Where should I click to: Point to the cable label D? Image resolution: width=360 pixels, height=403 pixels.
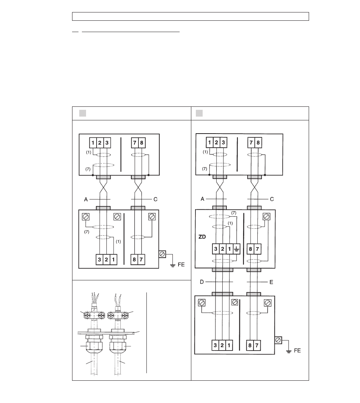tap(202, 282)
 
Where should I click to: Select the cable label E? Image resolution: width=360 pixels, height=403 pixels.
tap(271, 282)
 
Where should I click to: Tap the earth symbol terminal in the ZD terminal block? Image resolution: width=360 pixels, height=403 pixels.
tap(236, 249)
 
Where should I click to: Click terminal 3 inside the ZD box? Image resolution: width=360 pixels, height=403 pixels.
tap(216, 249)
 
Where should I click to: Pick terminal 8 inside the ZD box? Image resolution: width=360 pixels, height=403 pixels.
tap(251, 249)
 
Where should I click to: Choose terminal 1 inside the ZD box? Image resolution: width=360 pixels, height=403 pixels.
tap(229, 249)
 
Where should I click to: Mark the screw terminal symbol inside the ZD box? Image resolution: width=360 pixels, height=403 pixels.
tap(266, 217)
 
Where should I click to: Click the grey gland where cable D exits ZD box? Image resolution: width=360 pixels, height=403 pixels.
tap(223, 270)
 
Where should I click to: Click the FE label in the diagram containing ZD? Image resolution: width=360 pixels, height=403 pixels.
tap(297, 351)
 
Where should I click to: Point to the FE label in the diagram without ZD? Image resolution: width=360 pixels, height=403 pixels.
tap(181, 265)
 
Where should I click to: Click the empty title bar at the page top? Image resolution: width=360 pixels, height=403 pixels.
tap(191, 16)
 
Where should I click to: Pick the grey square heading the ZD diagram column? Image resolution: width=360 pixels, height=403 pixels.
tap(199, 113)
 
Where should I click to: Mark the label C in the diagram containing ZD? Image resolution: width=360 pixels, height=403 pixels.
tap(272, 199)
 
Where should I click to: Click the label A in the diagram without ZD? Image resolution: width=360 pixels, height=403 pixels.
tap(86, 199)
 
